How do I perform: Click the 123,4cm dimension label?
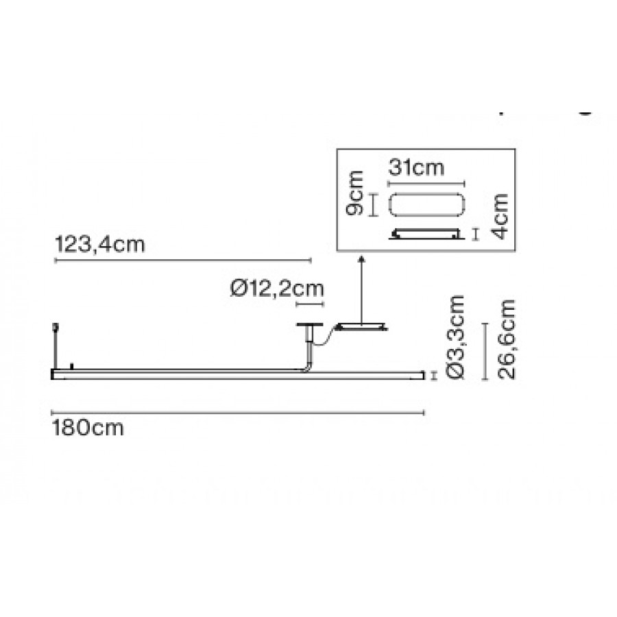99,244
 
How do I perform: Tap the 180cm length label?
88,428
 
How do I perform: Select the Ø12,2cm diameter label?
277,289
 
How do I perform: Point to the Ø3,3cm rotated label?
456,337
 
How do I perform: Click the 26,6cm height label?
507,339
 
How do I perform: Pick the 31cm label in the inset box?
416,168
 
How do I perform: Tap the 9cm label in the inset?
354,193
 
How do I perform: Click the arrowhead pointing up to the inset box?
361,258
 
